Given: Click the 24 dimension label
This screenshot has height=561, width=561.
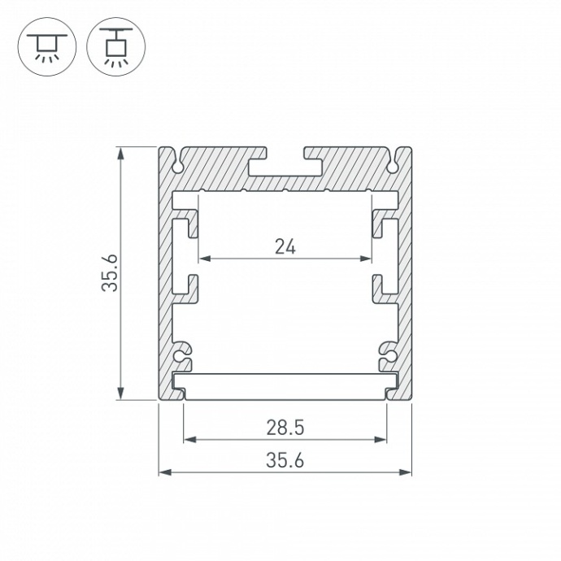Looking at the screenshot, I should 285,247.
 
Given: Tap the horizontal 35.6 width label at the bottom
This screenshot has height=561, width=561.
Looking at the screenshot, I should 285,461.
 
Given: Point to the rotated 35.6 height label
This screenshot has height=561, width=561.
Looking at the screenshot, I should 111,273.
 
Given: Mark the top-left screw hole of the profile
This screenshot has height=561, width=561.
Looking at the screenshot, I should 176,167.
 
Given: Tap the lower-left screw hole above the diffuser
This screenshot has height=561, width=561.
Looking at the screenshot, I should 182,355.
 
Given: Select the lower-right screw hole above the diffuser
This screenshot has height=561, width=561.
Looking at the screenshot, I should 388,355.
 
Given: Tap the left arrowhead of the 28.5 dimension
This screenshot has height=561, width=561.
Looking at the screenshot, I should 189,440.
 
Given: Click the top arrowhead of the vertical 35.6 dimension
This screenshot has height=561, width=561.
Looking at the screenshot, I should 122,152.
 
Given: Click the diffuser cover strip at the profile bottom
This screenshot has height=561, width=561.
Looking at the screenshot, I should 285,387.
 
